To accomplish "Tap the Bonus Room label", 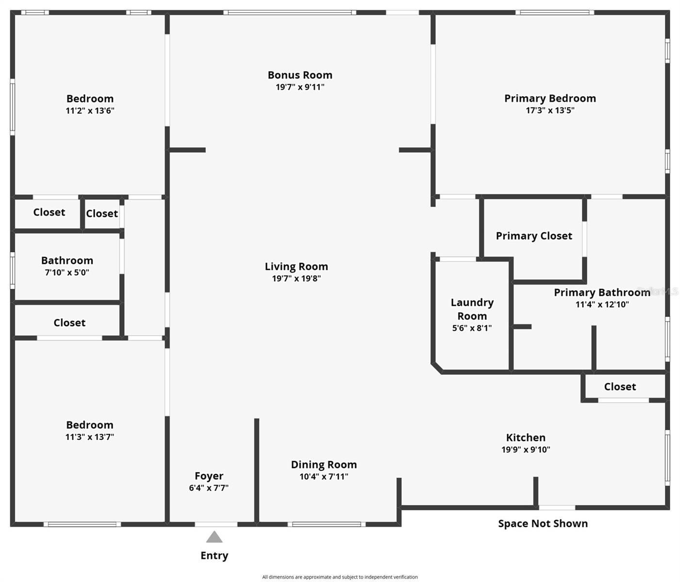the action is point(299,75).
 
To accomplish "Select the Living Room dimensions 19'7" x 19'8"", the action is point(296,278).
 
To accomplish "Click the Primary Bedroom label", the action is point(550,98).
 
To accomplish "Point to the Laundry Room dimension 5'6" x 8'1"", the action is point(472,328).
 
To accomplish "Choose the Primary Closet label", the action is point(534,236).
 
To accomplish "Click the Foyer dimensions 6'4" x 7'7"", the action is point(209,487).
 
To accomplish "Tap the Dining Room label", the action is point(324,465).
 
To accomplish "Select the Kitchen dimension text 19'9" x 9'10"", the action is point(526,450).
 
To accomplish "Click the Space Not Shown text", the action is point(543,523).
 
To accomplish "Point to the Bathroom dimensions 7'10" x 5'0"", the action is point(67,272).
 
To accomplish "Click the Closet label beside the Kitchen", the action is point(620,387).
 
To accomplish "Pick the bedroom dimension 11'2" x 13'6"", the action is point(90,111).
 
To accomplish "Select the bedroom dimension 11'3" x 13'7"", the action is point(89,436).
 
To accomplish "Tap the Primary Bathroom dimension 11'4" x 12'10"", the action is point(602,304).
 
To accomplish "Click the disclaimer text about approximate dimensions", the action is point(340,567).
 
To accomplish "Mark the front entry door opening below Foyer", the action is point(216,524).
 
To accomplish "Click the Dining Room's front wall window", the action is point(326,524).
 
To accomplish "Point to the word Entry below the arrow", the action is point(214,555).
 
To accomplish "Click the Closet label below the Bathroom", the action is point(69,323).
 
